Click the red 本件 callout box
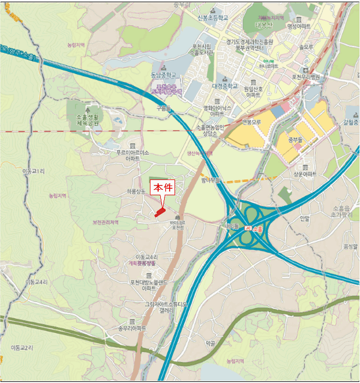[162, 187]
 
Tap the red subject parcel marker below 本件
[159, 212]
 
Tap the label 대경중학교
[225, 86]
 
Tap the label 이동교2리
[22, 347]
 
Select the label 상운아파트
[305, 174]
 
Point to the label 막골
[211, 343]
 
